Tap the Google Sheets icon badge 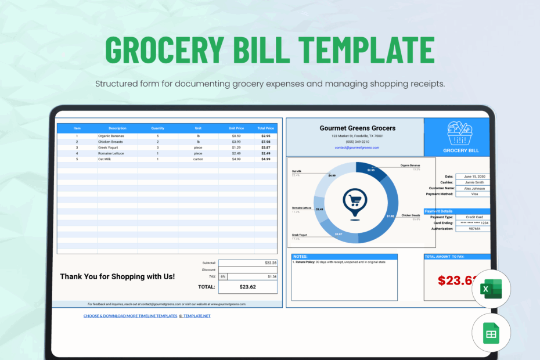point(491,333)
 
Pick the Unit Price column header point(236,128)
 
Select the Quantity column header point(158,128)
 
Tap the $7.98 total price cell point(265,142)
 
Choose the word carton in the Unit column point(198,159)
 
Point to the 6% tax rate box point(223,276)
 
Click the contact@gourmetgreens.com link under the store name point(357,147)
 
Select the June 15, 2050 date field point(473,177)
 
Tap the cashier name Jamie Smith point(473,182)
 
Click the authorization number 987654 point(473,229)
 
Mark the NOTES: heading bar point(344,256)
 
